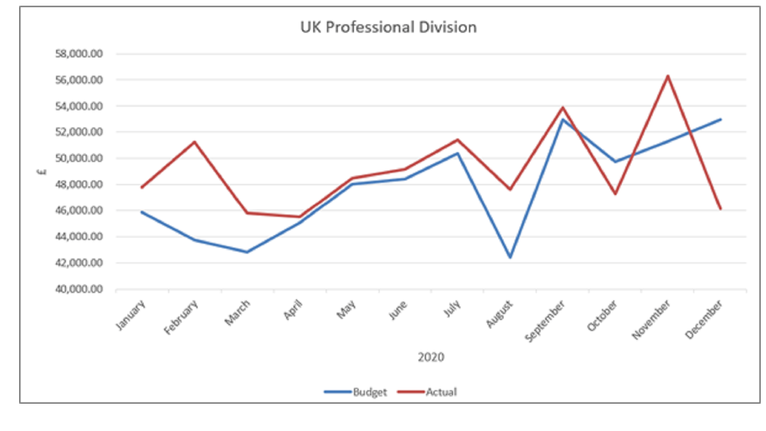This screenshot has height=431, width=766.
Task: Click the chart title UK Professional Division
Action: [388, 27]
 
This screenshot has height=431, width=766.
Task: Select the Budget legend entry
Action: [369, 392]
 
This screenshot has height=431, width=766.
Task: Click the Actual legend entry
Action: [441, 392]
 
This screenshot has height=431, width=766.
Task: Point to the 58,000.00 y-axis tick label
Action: [79, 54]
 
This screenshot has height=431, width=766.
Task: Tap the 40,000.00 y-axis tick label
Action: [79, 289]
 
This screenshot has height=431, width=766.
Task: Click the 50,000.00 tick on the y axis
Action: [79, 158]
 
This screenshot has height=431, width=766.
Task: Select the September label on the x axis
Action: [545, 320]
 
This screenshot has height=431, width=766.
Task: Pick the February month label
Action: [181, 317]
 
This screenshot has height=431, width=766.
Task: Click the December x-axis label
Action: [704, 319]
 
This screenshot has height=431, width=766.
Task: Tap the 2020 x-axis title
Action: [431, 357]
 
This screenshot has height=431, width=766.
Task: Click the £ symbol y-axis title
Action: [42, 171]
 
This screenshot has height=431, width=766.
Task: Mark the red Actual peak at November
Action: [668, 76]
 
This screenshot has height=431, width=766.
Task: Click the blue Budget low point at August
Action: [510, 258]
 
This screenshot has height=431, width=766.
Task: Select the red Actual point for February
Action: [194, 142]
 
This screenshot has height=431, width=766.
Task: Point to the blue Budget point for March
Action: [247, 252]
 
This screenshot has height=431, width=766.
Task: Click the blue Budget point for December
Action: [721, 119]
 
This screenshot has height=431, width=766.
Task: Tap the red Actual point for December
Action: [721, 209]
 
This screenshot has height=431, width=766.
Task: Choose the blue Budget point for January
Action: [142, 212]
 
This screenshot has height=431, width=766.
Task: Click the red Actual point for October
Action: [616, 194]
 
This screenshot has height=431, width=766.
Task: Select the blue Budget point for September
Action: [563, 119]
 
